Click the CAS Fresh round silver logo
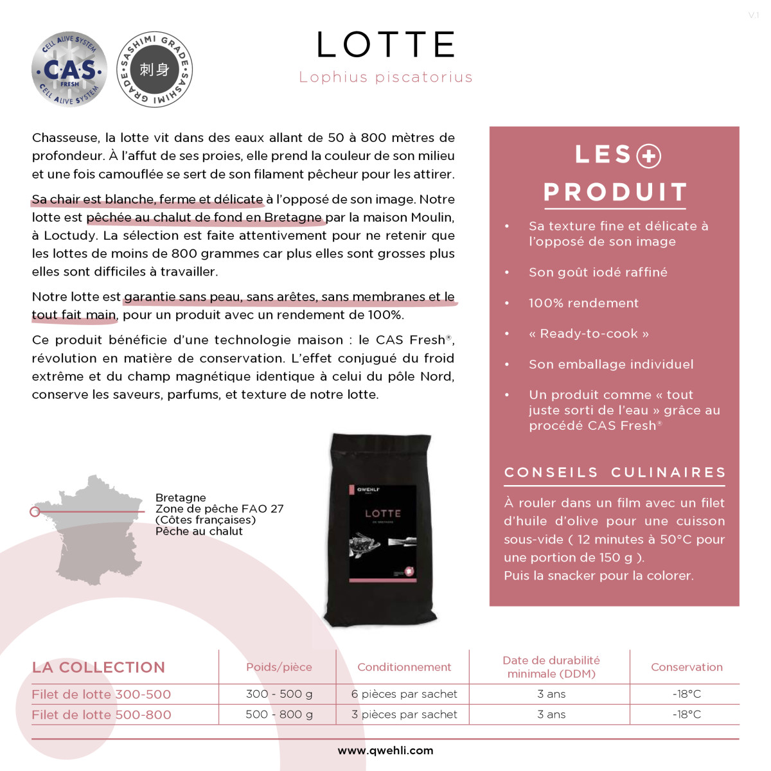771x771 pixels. coord(69,69)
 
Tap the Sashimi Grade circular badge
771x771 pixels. coord(154,69)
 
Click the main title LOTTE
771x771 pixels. coord(385,45)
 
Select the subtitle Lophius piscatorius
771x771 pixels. coord(385,78)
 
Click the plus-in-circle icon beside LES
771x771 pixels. coord(648,156)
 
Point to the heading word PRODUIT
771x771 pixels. coord(615,192)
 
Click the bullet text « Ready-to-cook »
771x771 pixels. coord(589,333)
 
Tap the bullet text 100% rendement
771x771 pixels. coord(583,303)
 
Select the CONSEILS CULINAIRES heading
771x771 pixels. coord(615,473)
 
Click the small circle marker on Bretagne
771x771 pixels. coord(35,511)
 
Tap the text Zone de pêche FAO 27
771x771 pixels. coord(219,509)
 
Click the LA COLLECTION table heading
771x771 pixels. coord(98,668)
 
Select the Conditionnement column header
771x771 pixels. coord(404,668)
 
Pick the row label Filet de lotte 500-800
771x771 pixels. coord(102,714)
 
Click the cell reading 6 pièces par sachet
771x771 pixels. coord(404,694)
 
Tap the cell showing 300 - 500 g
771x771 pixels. coord(279,694)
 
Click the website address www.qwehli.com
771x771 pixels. coord(385,750)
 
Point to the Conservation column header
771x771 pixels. coord(686,668)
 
